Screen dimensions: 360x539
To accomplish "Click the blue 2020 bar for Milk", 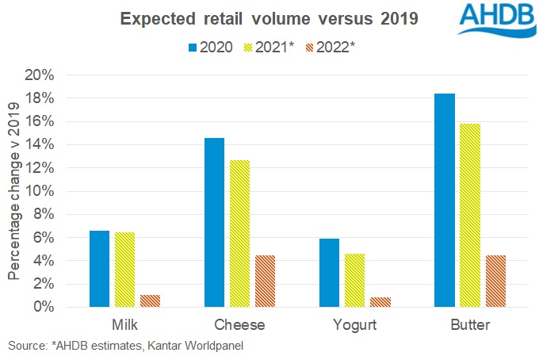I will (99, 269).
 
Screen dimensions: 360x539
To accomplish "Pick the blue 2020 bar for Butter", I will (444, 200).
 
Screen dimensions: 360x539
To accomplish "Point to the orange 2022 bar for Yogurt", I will (380, 301).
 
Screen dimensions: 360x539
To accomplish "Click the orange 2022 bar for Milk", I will (150, 301).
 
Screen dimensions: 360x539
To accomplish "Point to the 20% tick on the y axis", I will (39, 75).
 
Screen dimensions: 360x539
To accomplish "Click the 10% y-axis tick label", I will (39, 191).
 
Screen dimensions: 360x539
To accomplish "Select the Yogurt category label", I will (354, 325).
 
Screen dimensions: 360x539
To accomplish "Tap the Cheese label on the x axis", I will (239, 325).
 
